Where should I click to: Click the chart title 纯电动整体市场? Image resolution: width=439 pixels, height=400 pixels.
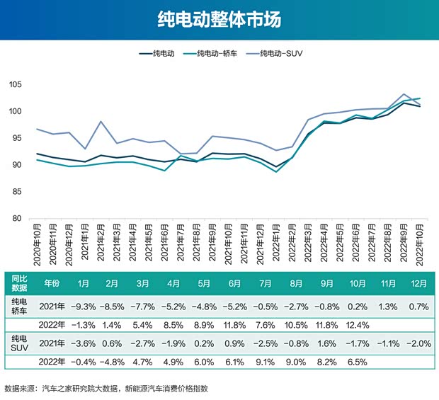[x=219, y=19]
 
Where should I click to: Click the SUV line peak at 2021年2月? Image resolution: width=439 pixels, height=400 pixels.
[x=101, y=122]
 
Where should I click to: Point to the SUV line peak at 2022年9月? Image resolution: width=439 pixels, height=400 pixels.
[x=404, y=94]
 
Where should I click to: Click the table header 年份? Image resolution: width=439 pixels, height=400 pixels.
[x=52, y=284]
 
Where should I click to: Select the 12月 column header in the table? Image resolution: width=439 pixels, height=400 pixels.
[x=418, y=284]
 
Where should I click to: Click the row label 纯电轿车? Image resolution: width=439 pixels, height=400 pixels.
[x=18, y=306]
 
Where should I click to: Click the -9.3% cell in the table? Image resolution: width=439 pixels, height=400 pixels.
[x=83, y=306]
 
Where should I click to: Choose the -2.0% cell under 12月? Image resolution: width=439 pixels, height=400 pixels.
[x=418, y=343]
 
